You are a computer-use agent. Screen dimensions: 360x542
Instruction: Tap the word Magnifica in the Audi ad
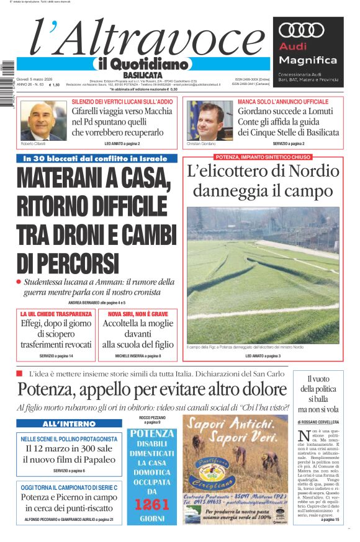(x=308, y=60)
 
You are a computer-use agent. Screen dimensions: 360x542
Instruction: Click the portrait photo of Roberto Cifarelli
(x=43, y=121)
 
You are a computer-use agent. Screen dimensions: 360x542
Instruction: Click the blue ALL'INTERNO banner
(x=61, y=424)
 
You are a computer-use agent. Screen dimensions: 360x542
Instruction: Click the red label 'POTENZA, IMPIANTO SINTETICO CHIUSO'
(x=263, y=157)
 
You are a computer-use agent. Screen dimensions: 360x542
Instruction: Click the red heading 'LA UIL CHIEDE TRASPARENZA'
(x=56, y=314)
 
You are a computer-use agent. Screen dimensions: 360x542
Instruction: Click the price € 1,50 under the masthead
(x=55, y=85)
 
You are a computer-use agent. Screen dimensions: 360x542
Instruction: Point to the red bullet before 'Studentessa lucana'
(x=19, y=282)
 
